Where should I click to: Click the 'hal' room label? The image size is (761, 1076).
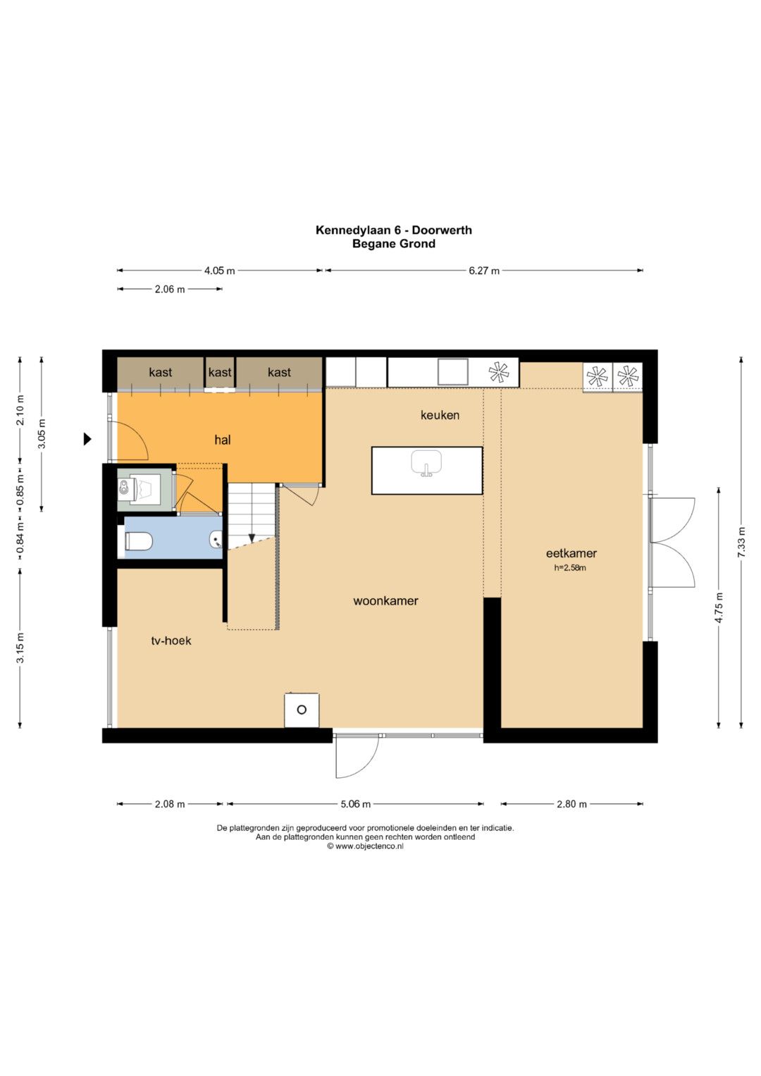click(x=223, y=439)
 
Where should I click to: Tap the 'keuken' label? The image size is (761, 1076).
click(x=440, y=414)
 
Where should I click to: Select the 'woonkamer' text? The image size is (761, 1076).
click(x=385, y=600)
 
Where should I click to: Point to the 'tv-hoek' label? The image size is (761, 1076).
click(x=171, y=641)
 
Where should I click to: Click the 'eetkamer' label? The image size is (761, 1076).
click(x=571, y=553)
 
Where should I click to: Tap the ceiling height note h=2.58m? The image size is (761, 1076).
click(x=570, y=567)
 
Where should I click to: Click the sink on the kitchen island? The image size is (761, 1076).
click(x=426, y=464)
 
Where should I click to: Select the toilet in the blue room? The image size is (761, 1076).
click(x=138, y=541)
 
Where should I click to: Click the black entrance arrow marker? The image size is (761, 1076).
click(x=87, y=438)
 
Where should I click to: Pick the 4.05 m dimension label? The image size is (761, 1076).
click(x=220, y=271)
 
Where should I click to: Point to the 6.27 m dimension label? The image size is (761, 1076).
click(x=484, y=271)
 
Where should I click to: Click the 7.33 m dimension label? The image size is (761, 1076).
click(x=741, y=542)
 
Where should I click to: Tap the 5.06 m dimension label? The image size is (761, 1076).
click(x=356, y=803)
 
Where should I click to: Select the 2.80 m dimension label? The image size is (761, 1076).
click(x=571, y=803)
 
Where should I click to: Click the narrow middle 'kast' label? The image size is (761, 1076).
click(x=220, y=372)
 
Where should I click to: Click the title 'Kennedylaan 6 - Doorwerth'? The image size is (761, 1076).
click(x=393, y=230)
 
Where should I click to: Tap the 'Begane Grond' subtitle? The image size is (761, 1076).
click(x=394, y=244)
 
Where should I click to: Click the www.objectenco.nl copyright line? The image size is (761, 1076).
click(x=365, y=846)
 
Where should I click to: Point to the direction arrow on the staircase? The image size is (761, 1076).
click(x=252, y=538)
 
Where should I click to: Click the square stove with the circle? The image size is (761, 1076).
click(x=302, y=710)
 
